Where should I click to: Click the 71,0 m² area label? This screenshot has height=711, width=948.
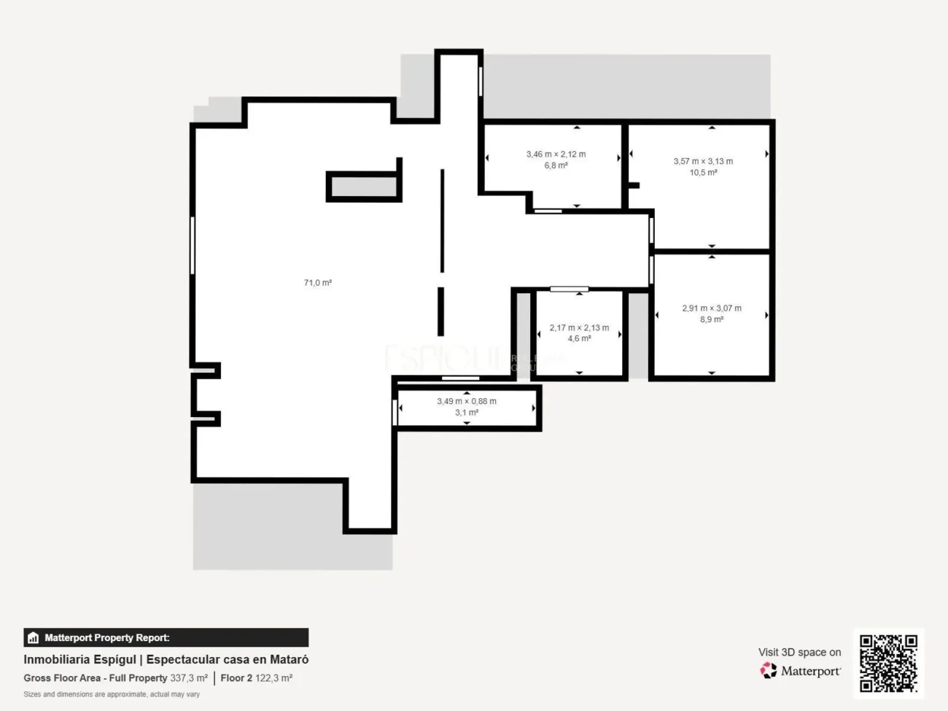click(318, 283)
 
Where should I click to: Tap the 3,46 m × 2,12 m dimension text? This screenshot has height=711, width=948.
click(556, 154)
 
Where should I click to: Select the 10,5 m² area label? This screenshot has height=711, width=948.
click(703, 173)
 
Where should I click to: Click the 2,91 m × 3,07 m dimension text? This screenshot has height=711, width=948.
click(711, 308)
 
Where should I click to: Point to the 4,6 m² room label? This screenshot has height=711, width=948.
click(579, 338)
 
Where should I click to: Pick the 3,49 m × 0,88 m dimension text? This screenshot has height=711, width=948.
click(467, 401)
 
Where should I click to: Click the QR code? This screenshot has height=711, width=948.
click(887, 663)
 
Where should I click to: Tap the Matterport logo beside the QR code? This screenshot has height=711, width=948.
click(800, 671)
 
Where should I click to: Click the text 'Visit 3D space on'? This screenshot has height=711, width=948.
click(799, 652)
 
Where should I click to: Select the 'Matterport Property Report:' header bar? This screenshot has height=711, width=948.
click(166, 637)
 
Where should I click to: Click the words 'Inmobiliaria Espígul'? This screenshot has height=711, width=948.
click(79, 659)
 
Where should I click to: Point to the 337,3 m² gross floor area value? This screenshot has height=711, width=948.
click(189, 678)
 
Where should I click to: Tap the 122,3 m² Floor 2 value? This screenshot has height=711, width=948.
click(273, 678)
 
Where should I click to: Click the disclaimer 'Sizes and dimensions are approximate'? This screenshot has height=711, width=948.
click(112, 694)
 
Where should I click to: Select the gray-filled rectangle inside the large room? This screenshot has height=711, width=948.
click(363, 187)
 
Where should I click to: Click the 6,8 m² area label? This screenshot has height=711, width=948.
click(556, 166)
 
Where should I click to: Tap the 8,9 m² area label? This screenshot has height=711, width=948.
click(711, 319)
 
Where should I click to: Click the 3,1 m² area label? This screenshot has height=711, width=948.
click(467, 413)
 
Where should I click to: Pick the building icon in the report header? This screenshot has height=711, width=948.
click(33, 638)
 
